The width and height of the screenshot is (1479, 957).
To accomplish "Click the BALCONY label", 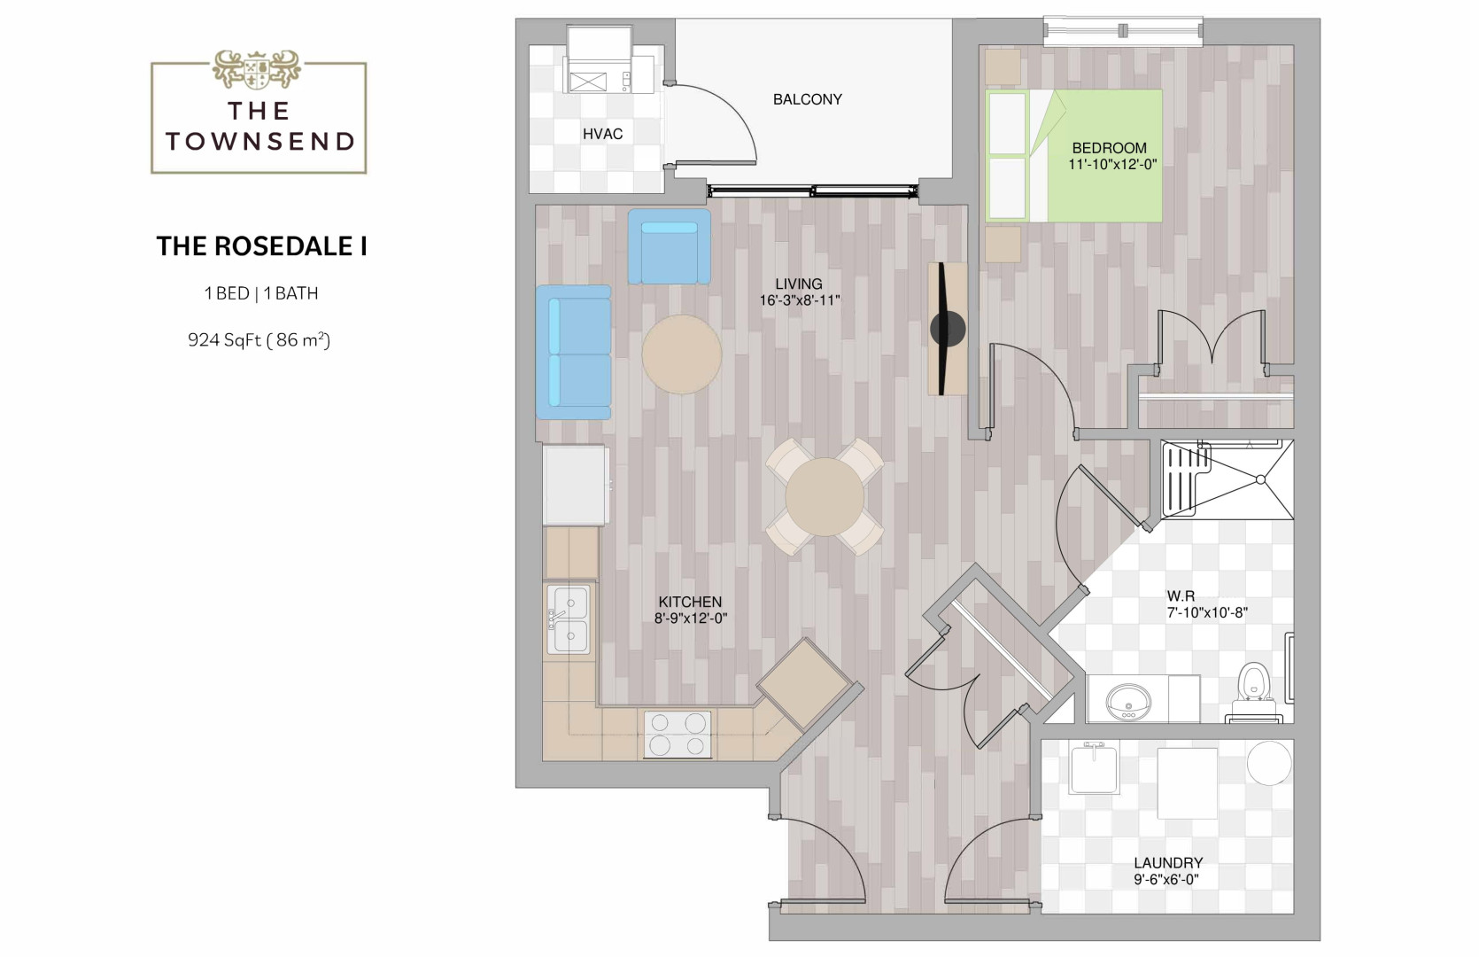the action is (x=807, y=99).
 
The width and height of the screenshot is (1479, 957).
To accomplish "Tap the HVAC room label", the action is (x=602, y=134).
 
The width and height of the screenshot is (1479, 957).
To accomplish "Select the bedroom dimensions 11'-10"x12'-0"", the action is (x=1112, y=165).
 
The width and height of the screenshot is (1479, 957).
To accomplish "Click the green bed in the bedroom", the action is (x=1073, y=156).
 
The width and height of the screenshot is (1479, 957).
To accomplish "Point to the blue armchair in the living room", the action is (x=669, y=246).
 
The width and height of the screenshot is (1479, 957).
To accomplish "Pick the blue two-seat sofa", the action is (x=573, y=352).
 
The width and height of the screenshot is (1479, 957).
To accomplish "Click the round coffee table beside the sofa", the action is (x=681, y=354).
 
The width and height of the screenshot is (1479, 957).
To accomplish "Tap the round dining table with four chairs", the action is (x=824, y=496).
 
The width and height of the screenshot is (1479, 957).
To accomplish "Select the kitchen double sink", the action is (x=569, y=619).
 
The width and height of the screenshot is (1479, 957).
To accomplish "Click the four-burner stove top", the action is (x=678, y=734).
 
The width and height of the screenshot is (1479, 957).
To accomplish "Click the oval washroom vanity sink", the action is (x=1128, y=702).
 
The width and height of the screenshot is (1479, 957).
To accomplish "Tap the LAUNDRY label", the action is (x=1168, y=862).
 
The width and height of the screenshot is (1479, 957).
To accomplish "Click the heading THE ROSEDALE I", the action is (x=261, y=246).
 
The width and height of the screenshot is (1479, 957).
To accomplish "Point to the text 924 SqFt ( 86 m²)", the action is (x=259, y=339).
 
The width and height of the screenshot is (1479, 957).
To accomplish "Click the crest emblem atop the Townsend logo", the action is (x=257, y=69).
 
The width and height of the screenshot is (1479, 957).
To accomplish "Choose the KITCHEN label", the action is (x=690, y=602).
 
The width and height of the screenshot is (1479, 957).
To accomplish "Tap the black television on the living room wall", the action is (x=948, y=329).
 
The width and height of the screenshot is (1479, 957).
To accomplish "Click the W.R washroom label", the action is (x=1181, y=595).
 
